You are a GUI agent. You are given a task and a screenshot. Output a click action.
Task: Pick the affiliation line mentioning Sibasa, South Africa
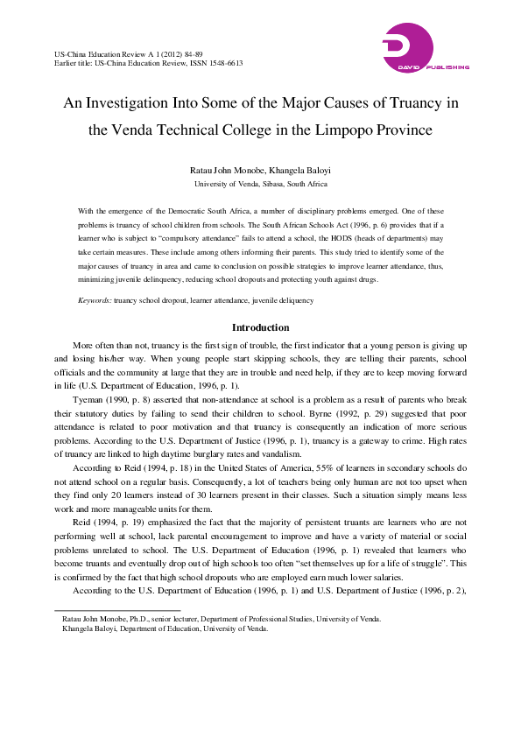point(260,184)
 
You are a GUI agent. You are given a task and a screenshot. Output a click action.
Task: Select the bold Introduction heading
point(260,327)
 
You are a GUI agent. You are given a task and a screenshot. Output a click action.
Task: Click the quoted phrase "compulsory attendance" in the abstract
point(183,239)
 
